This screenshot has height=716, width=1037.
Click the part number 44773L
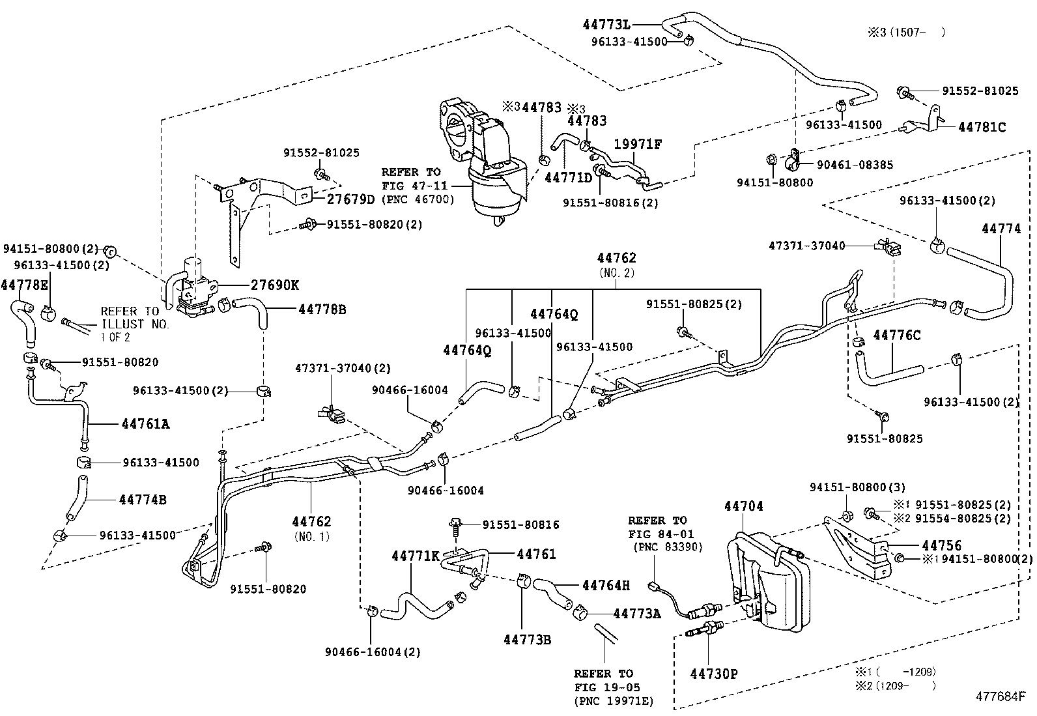click(x=606, y=25)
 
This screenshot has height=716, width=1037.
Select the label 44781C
click(x=982, y=128)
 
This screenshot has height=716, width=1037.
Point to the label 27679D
click(x=350, y=199)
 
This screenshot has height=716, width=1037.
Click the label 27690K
click(x=275, y=285)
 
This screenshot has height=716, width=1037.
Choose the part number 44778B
click(x=322, y=309)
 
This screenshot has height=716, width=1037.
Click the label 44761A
click(x=145, y=424)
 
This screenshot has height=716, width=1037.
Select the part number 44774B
click(x=143, y=500)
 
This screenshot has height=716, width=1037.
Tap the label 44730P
click(x=714, y=674)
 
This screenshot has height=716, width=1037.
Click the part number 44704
click(x=743, y=506)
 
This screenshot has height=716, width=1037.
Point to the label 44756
click(x=941, y=545)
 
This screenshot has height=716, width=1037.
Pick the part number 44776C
click(x=896, y=336)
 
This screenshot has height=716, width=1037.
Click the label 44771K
click(x=416, y=556)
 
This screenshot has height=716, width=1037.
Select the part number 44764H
click(x=606, y=585)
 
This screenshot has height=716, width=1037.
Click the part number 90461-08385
click(x=847, y=165)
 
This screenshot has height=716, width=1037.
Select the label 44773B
click(x=527, y=639)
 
